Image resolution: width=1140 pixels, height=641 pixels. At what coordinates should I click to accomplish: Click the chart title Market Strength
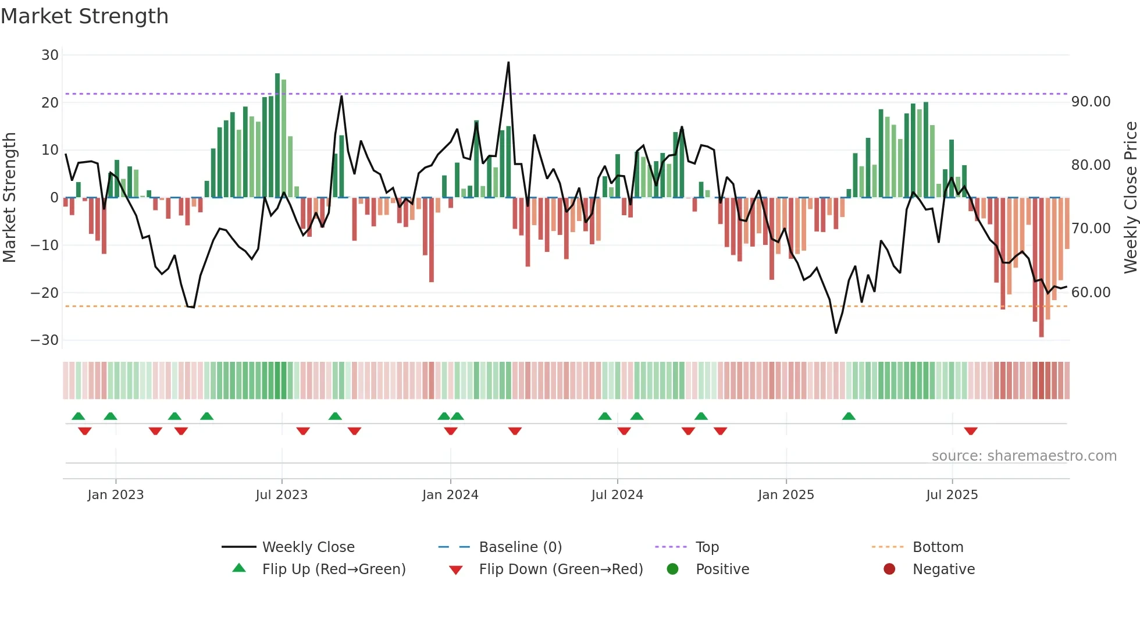coord(84,16)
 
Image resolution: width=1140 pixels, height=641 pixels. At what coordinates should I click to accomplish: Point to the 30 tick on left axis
coord(50,55)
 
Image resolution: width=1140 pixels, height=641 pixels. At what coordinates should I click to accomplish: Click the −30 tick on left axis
coord(45,340)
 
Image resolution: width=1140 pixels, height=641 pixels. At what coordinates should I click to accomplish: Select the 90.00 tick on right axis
coord(1091,102)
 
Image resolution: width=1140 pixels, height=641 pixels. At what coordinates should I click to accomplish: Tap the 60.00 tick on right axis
coord(1091,293)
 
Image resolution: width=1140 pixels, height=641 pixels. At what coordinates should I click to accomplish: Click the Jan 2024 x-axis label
coord(450,495)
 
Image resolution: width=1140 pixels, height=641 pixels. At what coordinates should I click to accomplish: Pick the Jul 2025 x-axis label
coord(952,495)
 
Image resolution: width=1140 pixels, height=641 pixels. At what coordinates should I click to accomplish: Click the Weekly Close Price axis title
coord(1130,198)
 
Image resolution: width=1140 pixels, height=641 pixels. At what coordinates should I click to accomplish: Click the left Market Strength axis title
coord(10,198)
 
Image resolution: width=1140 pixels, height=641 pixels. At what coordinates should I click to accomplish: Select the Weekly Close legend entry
coord(308,547)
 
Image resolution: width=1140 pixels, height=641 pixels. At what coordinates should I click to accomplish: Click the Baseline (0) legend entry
coord(520,547)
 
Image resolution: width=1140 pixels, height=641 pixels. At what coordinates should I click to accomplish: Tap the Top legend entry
coord(707,547)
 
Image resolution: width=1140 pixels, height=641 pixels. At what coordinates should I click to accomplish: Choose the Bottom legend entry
coord(938,547)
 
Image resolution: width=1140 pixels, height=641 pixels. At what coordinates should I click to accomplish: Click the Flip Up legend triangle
coord(239,568)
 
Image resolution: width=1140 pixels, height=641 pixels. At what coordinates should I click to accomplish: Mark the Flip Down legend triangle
coord(456,570)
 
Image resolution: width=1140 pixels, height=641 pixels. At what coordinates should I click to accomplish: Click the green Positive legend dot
coord(673,569)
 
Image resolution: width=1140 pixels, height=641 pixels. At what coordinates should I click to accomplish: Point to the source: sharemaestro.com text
coord(1024,456)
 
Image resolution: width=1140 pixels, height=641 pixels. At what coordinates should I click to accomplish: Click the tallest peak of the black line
coord(508,62)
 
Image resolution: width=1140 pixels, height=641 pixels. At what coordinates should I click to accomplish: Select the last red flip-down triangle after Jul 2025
coord(970,431)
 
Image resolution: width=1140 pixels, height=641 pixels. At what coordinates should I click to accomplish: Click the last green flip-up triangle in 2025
coord(849,416)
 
